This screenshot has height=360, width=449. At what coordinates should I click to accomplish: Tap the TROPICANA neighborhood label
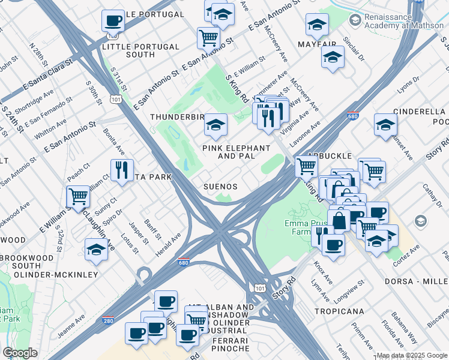(x=338, y=311)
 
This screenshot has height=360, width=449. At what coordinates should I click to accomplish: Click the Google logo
(x=20, y=353)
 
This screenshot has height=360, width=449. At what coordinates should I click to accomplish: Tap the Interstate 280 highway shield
(x=108, y=322)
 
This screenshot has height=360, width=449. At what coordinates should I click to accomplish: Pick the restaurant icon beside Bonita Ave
(x=121, y=170)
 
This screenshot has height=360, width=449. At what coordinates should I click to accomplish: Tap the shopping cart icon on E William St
(x=77, y=196)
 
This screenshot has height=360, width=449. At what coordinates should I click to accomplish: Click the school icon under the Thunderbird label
(x=214, y=125)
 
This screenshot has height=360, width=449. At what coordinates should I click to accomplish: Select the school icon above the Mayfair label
(x=316, y=25)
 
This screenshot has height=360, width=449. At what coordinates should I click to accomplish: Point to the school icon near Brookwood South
(x=95, y=248)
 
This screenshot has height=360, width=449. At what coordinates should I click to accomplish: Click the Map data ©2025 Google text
(x=411, y=355)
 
